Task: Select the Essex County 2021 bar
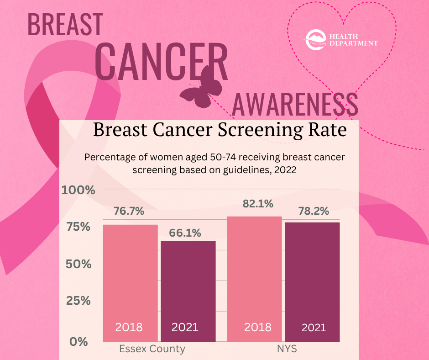click(188, 291)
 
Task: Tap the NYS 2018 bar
click(254, 279)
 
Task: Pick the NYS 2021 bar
click(312, 281)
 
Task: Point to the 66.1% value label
click(185, 233)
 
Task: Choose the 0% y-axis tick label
click(78, 341)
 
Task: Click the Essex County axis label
click(152, 349)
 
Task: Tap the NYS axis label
click(287, 349)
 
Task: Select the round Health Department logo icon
click(315, 40)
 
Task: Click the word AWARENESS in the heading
click(295, 104)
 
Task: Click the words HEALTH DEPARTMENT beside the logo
click(354, 40)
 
